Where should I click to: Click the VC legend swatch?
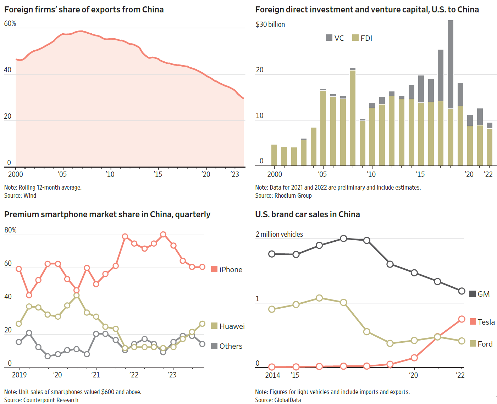click(x=329, y=38)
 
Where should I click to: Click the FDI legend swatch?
click(x=355, y=38)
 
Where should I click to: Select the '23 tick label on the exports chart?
click(x=234, y=174)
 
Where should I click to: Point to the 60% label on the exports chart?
click(x=10, y=23)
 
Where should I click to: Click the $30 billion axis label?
click(x=270, y=24)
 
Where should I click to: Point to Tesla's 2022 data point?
click(x=462, y=319)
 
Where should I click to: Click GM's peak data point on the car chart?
click(x=343, y=239)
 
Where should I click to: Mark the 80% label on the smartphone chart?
click(x=10, y=230)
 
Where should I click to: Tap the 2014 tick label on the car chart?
click(x=272, y=375)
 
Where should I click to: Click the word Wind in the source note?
click(x=30, y=196)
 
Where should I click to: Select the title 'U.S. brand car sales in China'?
click(x=307, y=214)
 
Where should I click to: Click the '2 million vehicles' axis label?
click(x=279, y=234)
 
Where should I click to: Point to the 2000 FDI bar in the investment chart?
click(x=274, y=155)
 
